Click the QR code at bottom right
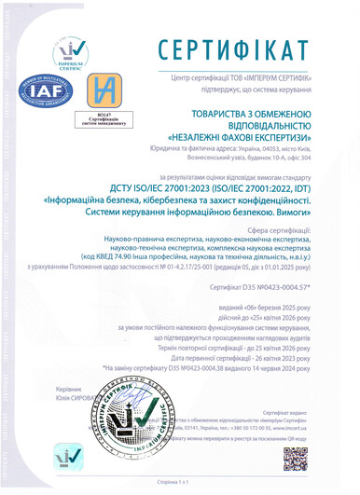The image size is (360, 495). [322, 457]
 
